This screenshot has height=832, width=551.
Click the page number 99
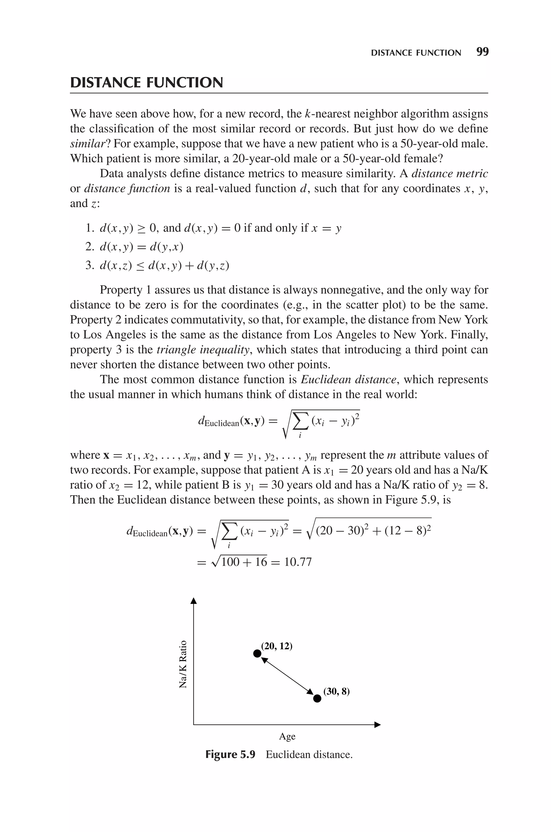pos(482,52)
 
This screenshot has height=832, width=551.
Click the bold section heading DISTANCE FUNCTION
pos(147,83)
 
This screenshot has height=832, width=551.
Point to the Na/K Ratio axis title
pos(183,664)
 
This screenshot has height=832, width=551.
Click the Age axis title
pos(287,736)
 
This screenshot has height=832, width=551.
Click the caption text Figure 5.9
pos(230,754)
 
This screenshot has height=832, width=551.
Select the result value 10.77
pos(298,562)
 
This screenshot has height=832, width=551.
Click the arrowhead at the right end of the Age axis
pos(378,724)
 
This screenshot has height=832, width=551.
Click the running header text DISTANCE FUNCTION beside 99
pos(416,53)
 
